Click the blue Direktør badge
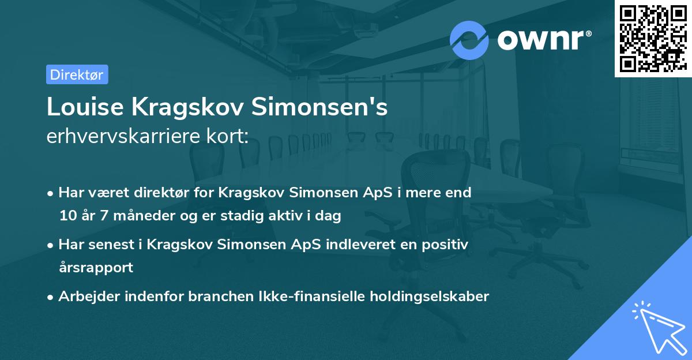click(77, 74)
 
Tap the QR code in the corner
click(653, 38)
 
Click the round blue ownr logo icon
click(469, 40)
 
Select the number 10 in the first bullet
click(66, 216)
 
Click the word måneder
click(139, 216)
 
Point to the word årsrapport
click(96, 268)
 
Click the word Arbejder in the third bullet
click(85, 297)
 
